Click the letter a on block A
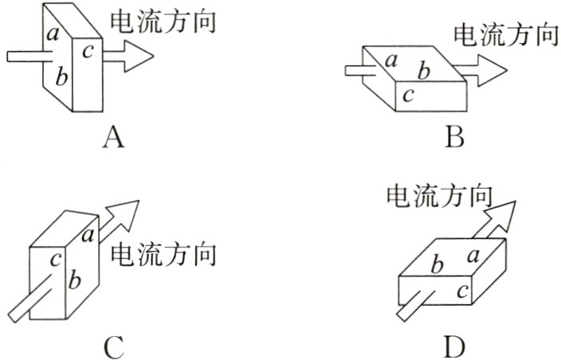coord(53,34)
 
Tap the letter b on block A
coord(61,77)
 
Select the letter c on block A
coord(88,52)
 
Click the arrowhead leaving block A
coord(139,56)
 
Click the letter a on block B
coord(391,61)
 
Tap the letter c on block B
coord(408,96)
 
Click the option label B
coord(454,138)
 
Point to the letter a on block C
coord(88,236)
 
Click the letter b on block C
coord(74,280)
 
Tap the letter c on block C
coord(56,260)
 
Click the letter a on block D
coord(473,256)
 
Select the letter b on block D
coord(437,265)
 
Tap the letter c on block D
coord(462,292)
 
